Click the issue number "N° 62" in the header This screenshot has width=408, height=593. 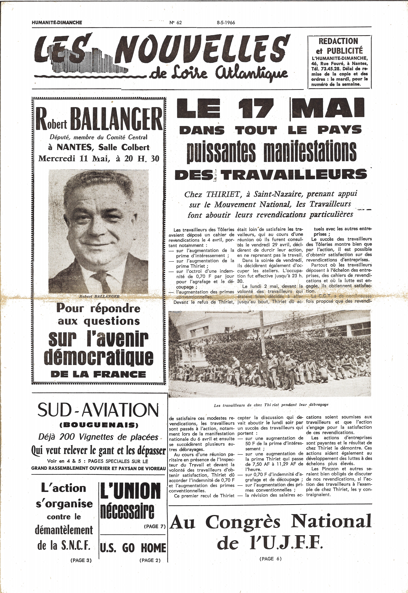(x=175, y=22)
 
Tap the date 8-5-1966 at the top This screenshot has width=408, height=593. (x=225, y=22)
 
